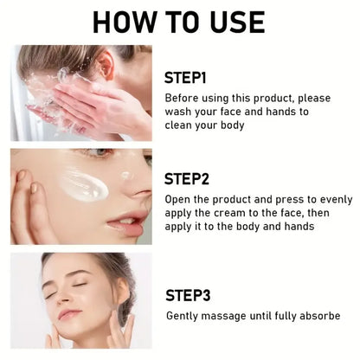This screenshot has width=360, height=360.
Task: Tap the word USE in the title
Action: [x=237, y=22]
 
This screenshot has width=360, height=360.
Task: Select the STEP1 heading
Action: [x=185, y=78]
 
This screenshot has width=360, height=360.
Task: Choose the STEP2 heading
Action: [x=187, y=179]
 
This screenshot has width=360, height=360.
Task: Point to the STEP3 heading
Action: [x=188, y=295]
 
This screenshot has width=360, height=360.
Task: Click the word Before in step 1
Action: [x=181, y=98]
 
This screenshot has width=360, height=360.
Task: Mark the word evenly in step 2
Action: [x=337, y=200]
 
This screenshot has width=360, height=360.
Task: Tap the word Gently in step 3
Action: [x=182, y=316]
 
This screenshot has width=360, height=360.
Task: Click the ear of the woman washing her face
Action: [x=106, y=66]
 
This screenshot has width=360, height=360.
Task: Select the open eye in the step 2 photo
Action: [x=99, y=152]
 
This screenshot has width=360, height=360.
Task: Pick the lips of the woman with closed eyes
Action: [x=69, y=314]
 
